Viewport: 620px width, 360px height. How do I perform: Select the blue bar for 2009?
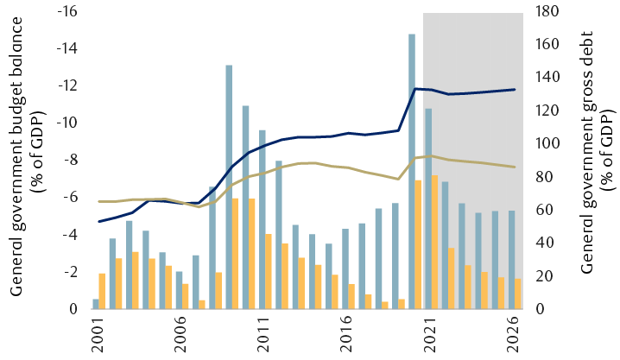click(x=229, y=186)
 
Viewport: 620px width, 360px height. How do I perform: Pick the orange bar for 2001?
click(x=103, y=291)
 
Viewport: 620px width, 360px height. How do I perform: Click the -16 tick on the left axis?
click(x=67, y=11)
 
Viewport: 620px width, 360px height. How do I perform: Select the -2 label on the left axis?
click(x=71, y=271)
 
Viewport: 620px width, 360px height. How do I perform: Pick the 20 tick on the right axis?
click(x=544, y=275)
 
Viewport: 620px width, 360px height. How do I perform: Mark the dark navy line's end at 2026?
click(x=516, y=89)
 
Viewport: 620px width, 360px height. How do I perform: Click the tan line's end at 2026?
click(x=516, y=167)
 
